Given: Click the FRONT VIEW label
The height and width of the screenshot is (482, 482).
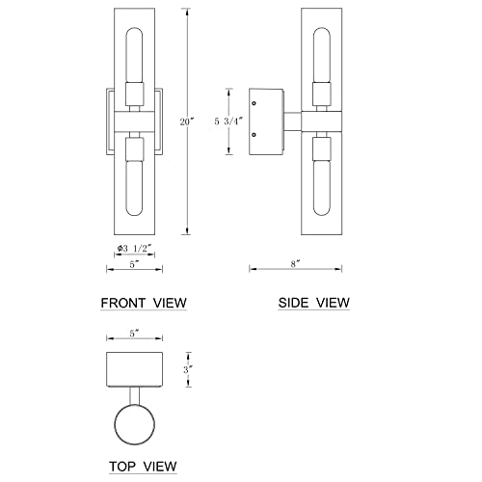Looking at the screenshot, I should click(144, 303).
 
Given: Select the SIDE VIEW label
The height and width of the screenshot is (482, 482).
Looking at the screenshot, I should click(314, 303).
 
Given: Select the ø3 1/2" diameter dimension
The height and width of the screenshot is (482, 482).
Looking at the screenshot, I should click(135, 249).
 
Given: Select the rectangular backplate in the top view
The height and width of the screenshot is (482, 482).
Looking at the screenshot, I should click(135, 367).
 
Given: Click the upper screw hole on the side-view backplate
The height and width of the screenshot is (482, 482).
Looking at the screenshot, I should click(254, 101).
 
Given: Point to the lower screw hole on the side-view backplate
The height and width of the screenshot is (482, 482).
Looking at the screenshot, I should click(254, 136).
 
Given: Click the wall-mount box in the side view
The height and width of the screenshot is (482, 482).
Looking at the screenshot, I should click(266, 119).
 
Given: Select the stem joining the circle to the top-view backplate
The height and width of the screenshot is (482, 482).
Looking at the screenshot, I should click(137, 394).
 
